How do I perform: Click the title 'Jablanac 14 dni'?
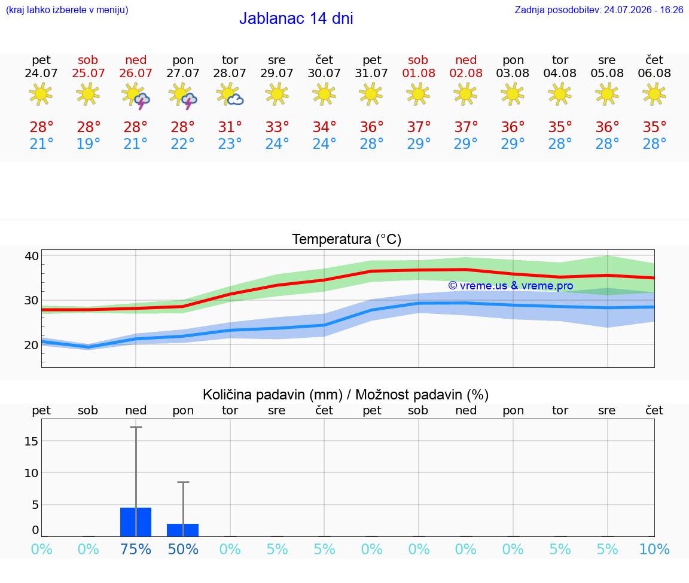pyautogui.click(x=296, y=19)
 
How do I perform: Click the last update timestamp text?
pyautogui.click(x=599, y=10)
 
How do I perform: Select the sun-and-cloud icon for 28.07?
pyautogui.click(x=230, y=95)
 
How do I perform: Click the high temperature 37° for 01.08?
pyautogui.click(x=418, y=127)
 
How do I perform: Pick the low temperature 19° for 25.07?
pyautogui.click(x=89, y=144)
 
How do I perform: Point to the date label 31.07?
pyautogui.click(x=371, y=74)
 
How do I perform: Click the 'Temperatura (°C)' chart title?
pyautogui.click(x=346, y=239)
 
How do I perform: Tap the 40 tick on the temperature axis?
pyautogui.click(x=32, y=256)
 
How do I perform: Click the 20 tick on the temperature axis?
pyautogui.click(x=32, y=346)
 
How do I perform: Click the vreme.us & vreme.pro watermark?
pyautogui.click(x=511, y=286)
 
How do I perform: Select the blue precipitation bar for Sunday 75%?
pyautogui.click(x=136, y=522)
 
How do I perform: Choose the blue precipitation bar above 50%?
pyautogui.click(x=183, y=530)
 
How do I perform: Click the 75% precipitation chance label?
pyautogui.click(x=136, y=550)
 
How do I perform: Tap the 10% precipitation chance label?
pyautogui.click(x=654, y=550)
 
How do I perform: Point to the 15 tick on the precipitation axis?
pyautogui.click(x=32, y=441)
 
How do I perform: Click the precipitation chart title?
pyautogui.click(x=345, y=395)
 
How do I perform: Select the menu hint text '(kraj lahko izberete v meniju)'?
pyautogui.click(x=67, y=10)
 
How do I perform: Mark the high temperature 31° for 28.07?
pyautogui.click(x=230, y=127)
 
